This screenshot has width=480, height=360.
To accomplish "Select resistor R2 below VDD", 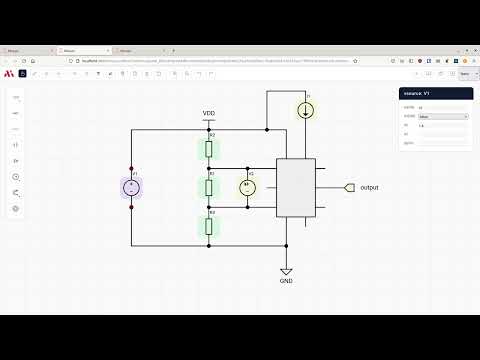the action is click(209, 149).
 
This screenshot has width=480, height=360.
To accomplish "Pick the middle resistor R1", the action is click(209, 187).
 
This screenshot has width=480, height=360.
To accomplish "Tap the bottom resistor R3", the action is click(209, 225).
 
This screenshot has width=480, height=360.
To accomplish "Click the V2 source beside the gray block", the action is click(248, 187).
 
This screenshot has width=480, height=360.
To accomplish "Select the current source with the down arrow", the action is click(304, 109).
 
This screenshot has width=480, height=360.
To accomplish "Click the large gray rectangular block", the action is click(295, 188).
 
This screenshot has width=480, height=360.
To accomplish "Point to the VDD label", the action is click(209, 114).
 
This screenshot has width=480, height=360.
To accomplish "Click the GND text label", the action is click(286, 281).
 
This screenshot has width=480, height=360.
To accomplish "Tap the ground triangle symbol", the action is click(286, 270).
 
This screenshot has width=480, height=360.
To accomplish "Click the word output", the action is click(369, 188).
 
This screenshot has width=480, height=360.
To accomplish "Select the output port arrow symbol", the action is click(348, 188).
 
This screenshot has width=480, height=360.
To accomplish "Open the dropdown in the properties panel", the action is click(443, 116).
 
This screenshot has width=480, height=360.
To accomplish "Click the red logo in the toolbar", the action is click(9, 73).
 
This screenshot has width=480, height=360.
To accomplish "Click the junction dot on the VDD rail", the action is click(267, 129).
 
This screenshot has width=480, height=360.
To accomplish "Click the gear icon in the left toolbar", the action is click(16, 208).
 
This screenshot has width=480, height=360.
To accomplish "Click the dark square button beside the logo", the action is click(22, 73).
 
